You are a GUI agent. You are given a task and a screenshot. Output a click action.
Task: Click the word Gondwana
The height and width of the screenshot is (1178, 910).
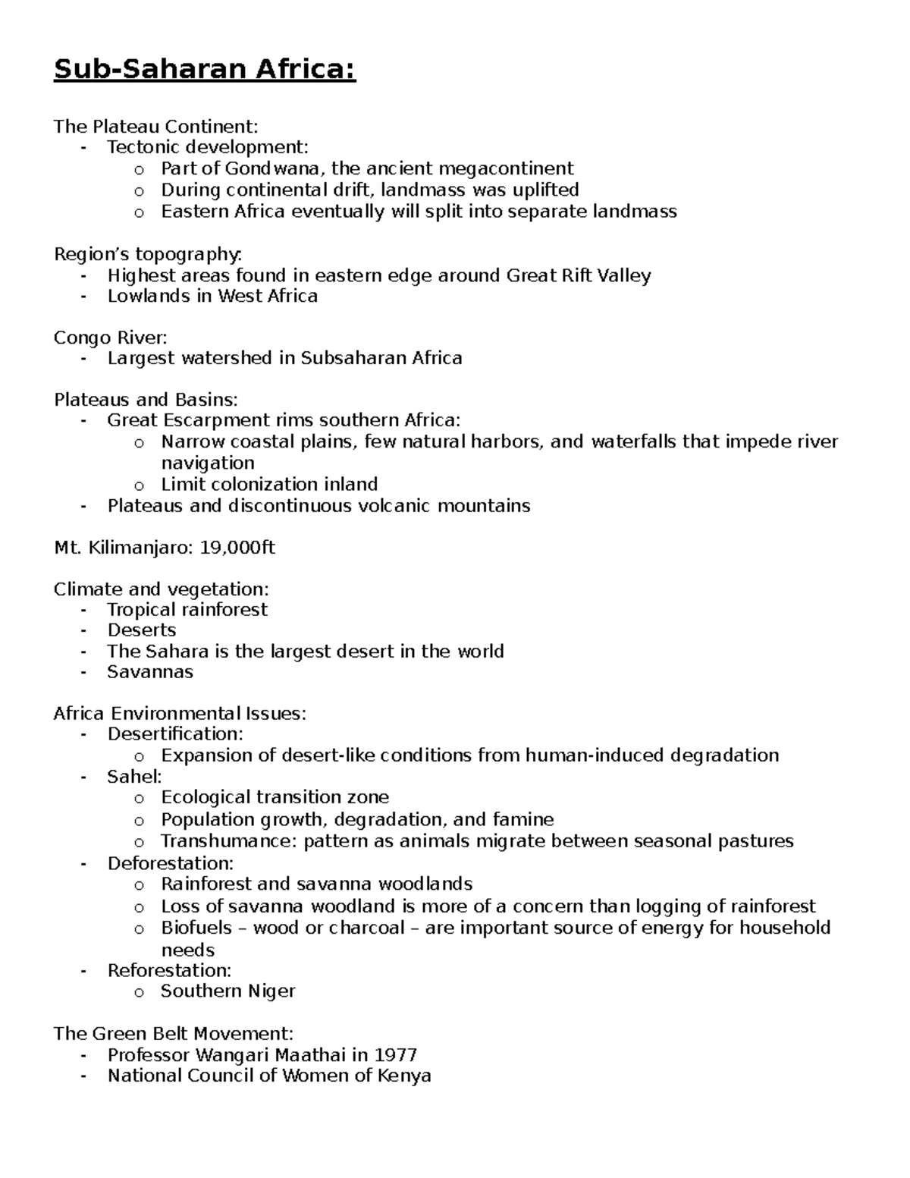coord(272,168)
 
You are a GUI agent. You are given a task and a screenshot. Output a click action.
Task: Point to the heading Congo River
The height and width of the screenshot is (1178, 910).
coord(111,338)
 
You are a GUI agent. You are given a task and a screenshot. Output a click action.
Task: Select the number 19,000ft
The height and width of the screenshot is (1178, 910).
coord(237,548)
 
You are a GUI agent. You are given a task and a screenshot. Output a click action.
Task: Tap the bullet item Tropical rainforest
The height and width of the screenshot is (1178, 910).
coord(187,610)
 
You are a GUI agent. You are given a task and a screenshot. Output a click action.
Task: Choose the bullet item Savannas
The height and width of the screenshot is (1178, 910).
coord(150,672)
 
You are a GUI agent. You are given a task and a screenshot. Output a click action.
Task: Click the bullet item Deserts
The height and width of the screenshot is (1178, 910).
coord(142,630)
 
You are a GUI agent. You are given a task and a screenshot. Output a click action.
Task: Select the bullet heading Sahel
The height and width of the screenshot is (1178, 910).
coord(134,777)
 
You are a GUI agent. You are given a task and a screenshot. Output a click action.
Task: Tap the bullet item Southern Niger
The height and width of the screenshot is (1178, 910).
coord(227,991)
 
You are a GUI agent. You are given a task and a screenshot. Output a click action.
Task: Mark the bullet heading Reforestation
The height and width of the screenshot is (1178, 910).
coord(169,971)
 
